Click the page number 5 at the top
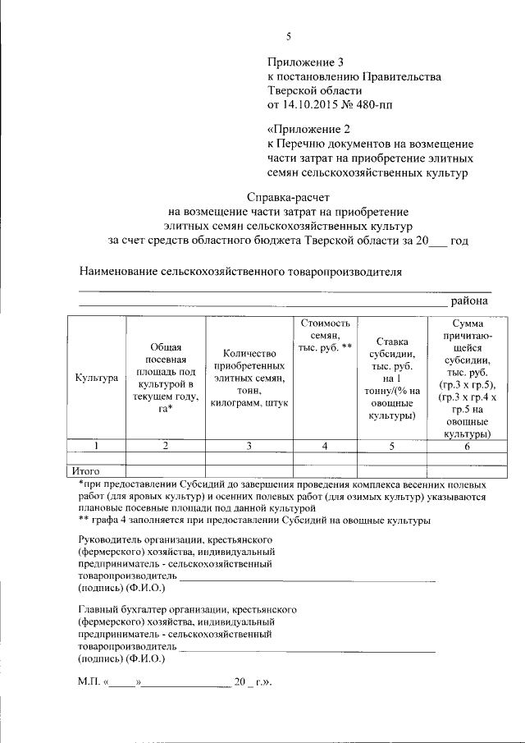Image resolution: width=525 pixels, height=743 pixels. pyautogui.click(x=288, y=36)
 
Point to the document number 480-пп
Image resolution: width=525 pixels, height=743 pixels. pyautogui.click(x=381, y=105)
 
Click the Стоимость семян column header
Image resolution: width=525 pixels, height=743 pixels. pyautogui.click(x=325, y=336)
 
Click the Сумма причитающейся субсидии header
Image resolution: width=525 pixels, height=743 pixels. pyautogui.click(x=467, y=378)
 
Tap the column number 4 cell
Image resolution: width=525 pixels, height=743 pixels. pyautogui.click(x=325, y=446)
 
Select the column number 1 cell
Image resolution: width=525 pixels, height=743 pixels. pyautogui.click(x=95, y=446)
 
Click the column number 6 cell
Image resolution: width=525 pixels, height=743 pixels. pyautogui.click(x=467, y=446)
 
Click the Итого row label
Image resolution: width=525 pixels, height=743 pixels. pyautogui.click(x=86, y=471)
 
